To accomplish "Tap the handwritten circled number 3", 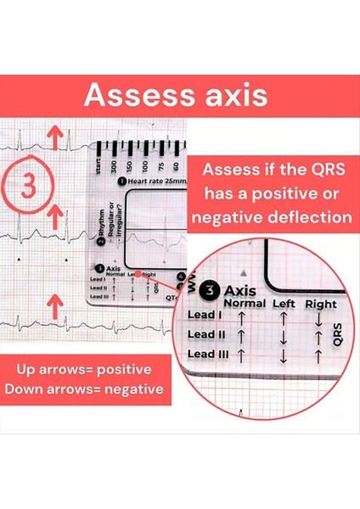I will point(29,185).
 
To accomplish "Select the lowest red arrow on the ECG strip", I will point(55,303).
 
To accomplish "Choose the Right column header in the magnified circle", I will point(320,304).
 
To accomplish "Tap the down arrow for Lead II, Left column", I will point(282,339).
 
